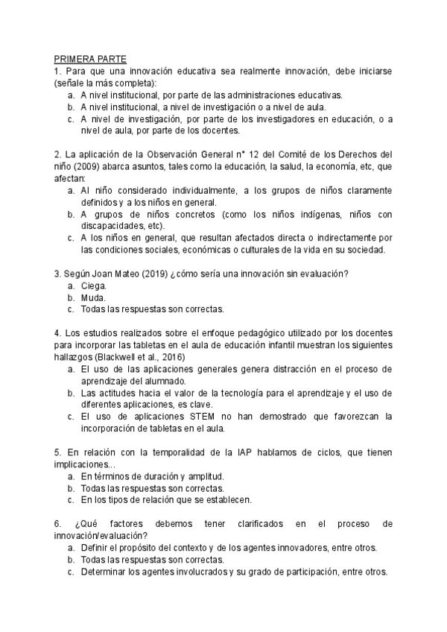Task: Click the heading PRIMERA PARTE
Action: click(x=89, y=58)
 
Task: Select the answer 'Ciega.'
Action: click(x=94, y=285)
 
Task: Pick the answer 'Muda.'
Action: click(x=94, y=297)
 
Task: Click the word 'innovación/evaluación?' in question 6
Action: click(x=101, y=535)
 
